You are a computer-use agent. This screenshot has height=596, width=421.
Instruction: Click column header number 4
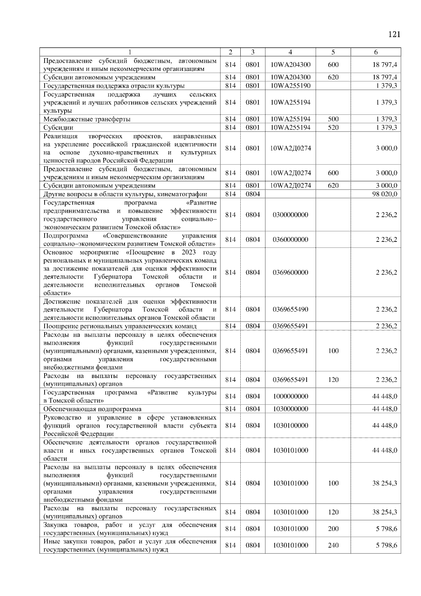click(290, 52)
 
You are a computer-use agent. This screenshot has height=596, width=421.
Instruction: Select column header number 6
click(376, 52)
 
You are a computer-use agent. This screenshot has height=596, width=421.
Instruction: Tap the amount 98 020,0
click(385, 194)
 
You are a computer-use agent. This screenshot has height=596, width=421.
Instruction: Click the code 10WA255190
click(290, 86)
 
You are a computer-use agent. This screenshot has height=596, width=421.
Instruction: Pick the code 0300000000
click(290, 215)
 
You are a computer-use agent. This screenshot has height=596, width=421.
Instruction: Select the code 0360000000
click(290, 240)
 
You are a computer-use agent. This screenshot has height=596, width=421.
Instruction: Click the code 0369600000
click(290, 273)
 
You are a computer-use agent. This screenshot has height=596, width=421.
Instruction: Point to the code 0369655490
click(290, 310)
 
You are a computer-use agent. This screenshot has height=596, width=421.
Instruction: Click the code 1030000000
click(290, 409)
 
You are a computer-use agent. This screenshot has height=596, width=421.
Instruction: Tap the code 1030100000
click(290, 426)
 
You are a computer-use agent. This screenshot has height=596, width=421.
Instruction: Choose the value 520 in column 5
click(333, 127)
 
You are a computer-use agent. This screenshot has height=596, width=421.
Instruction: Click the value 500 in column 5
click(333, 119)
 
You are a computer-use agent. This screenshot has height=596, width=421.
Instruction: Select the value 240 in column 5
click(333, 545)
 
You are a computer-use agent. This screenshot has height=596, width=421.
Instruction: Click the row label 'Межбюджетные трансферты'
click(87, 119)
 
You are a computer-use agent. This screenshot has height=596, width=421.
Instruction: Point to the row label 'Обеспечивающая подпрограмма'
click(92, 409)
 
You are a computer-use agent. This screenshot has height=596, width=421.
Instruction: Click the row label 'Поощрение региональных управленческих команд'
click(120, 326)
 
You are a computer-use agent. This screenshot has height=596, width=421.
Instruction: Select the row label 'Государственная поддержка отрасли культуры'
click(114, 86)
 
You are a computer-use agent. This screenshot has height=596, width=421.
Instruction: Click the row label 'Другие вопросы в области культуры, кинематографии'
click(125, 194)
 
